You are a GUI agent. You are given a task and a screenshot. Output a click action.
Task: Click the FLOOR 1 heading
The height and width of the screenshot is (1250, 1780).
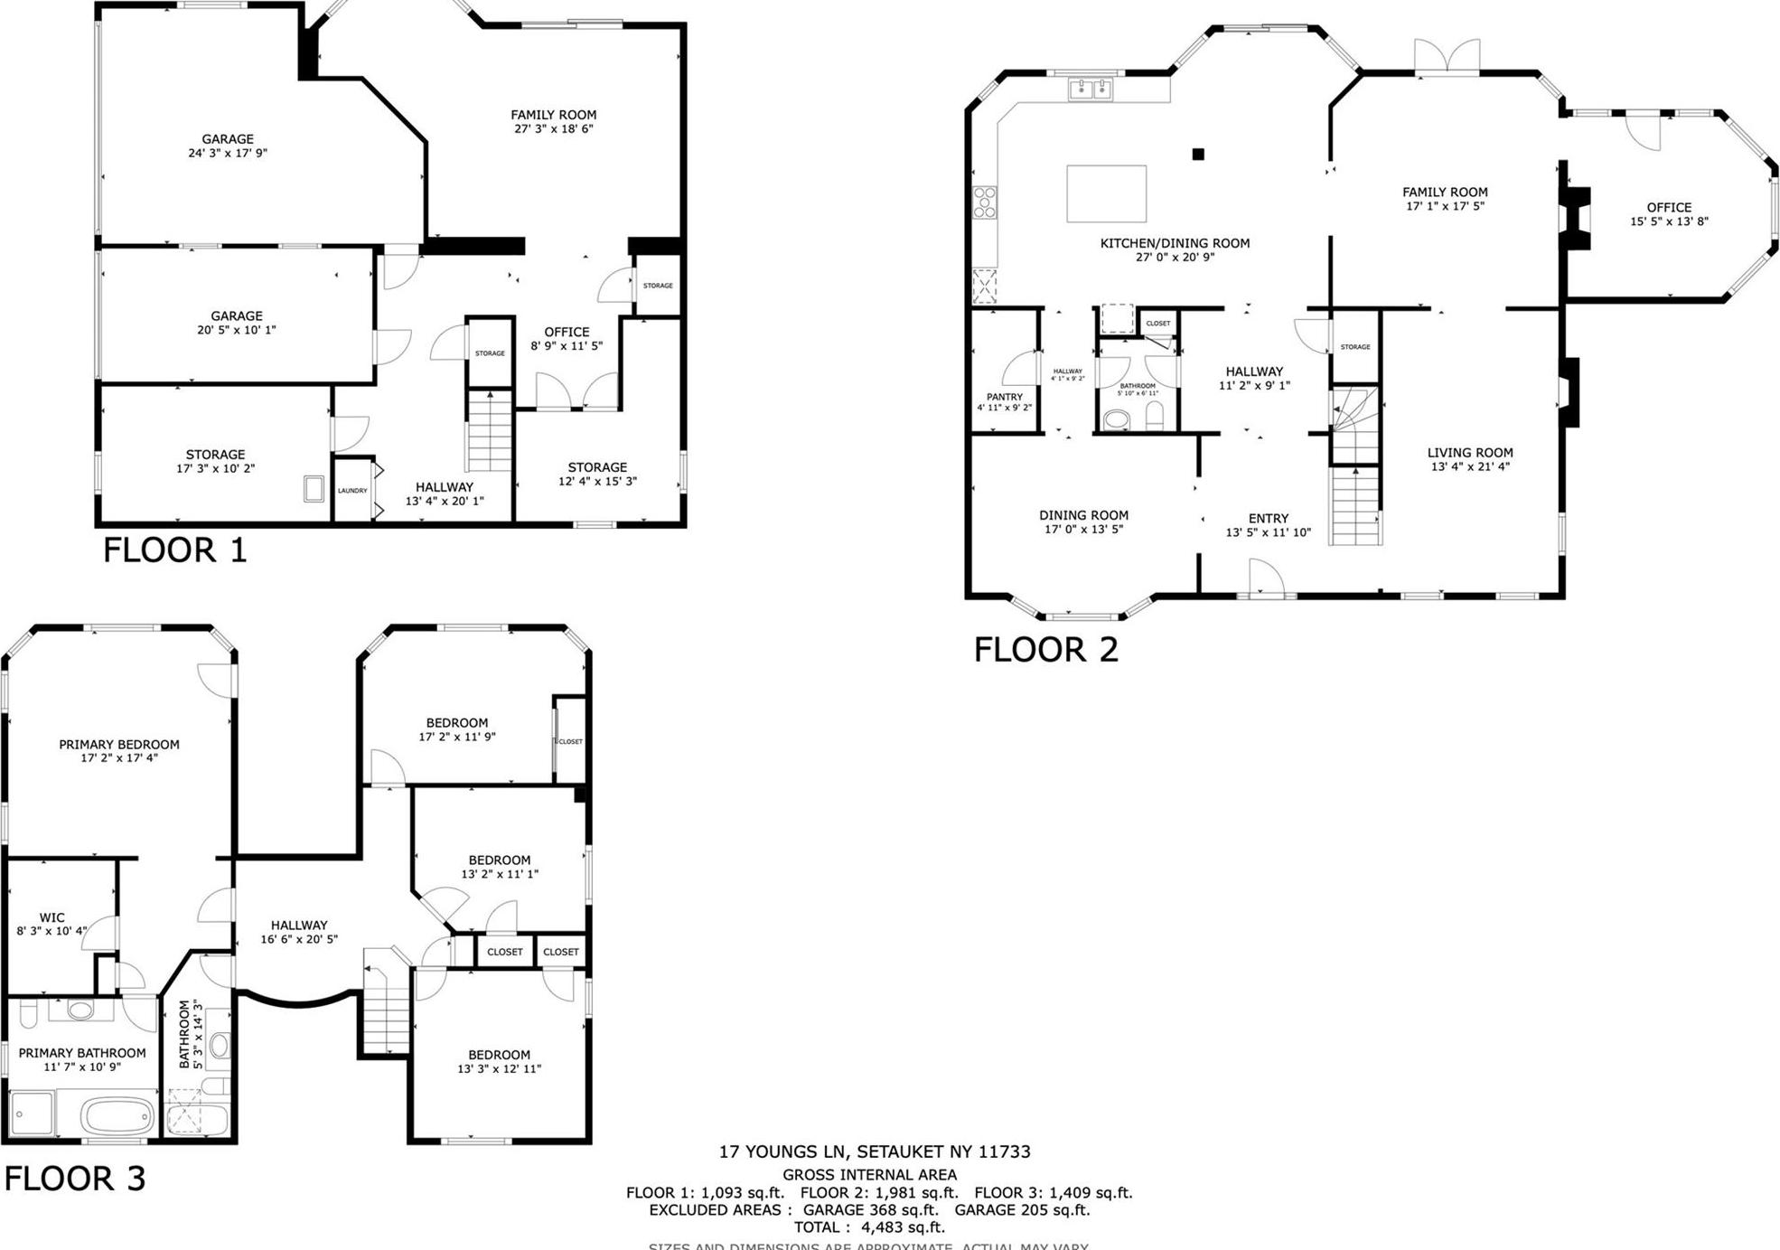coord(174,550)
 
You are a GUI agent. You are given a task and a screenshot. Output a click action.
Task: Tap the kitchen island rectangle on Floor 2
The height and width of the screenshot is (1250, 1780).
coord(1106,193)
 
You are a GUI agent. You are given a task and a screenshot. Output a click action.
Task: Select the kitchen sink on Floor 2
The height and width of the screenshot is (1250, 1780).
coord(1091,89)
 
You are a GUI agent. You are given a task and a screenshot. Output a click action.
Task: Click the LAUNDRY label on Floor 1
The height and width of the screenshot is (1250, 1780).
coord(352,491)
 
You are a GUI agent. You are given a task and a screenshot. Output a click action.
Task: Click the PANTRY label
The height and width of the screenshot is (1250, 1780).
coord(1004,397)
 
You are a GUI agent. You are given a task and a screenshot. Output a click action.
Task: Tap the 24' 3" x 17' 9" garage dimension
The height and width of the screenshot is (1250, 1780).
coord(228,154)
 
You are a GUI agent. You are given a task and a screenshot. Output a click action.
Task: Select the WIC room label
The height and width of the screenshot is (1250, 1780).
coord(52,917)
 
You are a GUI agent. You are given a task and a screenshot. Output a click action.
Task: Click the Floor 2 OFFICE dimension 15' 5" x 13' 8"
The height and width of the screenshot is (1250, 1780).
coord(1669,221)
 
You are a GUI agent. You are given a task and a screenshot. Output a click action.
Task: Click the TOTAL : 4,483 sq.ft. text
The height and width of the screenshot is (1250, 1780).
coord(869,1227)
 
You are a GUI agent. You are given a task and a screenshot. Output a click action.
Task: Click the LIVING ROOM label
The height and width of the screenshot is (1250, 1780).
coord(1469,453)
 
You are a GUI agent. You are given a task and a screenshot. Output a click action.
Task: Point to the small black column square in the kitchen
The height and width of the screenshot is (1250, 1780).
coord(1198,155)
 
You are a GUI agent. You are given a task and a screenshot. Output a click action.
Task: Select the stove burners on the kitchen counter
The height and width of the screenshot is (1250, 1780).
coord(984,202)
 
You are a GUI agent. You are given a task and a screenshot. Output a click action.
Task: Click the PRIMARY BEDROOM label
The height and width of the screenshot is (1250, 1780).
coord(119,745)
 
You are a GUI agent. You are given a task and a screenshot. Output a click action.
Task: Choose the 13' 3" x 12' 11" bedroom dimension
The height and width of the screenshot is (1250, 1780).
coord(499,1069)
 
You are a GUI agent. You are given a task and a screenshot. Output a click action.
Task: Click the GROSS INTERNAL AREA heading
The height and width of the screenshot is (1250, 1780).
coord(869,1175)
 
